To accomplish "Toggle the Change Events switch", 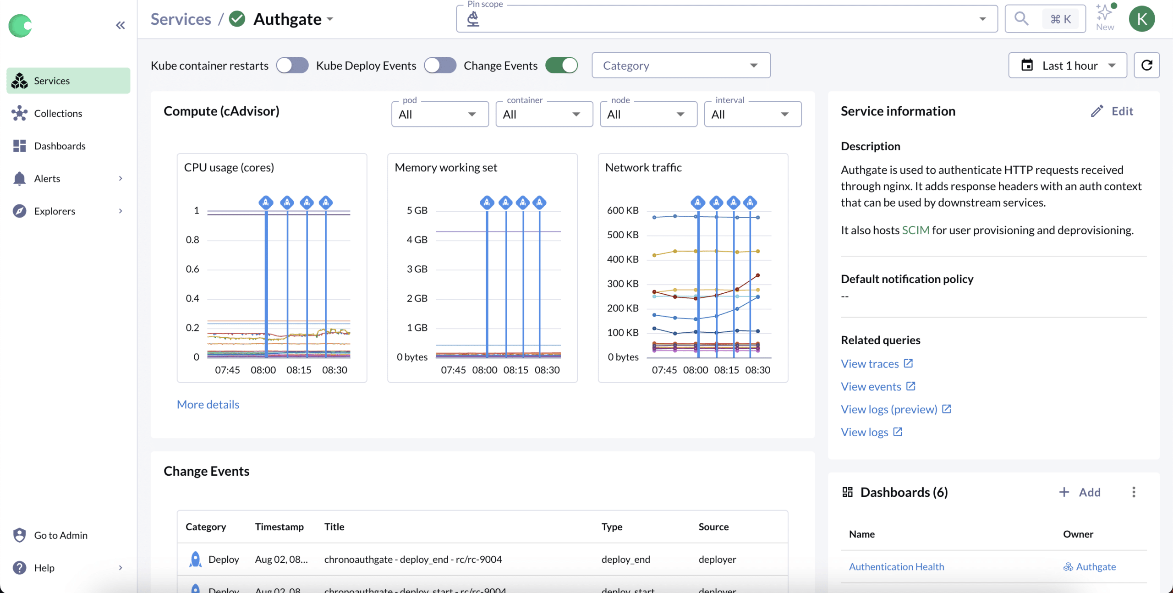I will (x=561, y=66).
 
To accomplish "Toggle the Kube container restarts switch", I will (x=292, y=66).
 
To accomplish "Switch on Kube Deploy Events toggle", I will (x=440, y=66).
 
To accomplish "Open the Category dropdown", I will (x=681, y=66).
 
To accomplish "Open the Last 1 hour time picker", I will (x=1067, y=66).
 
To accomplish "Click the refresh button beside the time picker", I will (x=1146, y=66).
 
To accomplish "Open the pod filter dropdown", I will (x=440, y=114).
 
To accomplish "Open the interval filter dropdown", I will (x=752, y=114).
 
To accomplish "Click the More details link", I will (x=208, y=405).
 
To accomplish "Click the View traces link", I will (x=870, y=364).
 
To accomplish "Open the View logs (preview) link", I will (x=889, y=409).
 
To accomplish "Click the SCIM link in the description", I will (x=915, y=230).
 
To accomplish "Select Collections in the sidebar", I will (x=58, y=113).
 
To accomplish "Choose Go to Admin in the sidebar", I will (x=60, y=535).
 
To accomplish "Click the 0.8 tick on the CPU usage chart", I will (x=192, y=240).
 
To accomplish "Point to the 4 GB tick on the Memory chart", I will (x=417, y=240).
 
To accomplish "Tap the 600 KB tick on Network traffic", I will (x=623, y=210).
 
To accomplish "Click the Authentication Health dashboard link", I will (x=896, y=567).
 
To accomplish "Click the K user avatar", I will (x=1141, y=19).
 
